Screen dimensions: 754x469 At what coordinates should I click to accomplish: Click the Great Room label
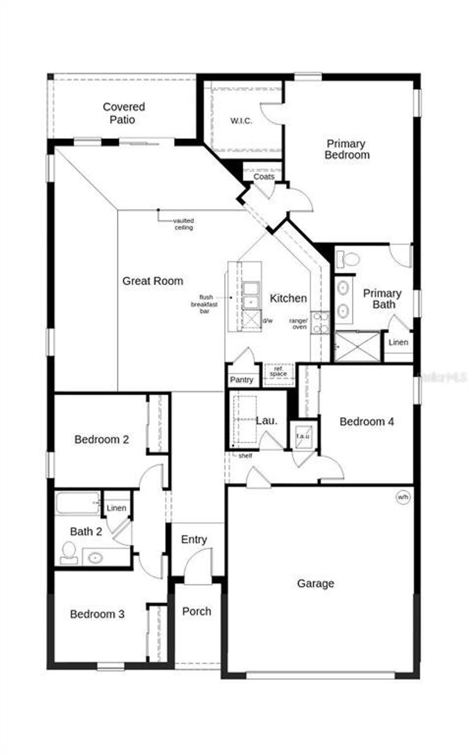coord(153,281)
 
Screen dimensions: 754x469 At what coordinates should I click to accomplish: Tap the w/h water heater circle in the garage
coord(403,497)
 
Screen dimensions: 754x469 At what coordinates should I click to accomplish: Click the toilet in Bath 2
coord(69,553)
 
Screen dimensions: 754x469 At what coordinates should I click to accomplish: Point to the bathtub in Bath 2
coord(77,503)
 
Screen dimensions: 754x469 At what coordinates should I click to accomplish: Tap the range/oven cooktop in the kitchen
coord(320,323)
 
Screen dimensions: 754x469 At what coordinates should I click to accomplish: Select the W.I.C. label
coord(241,121)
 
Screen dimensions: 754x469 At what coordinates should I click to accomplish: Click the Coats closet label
coord(264,177)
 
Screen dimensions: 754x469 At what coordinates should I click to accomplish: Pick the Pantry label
coord(241,380)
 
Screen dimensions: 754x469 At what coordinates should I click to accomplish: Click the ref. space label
coord(278,372)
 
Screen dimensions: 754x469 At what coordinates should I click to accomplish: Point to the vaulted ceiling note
coord(184,224)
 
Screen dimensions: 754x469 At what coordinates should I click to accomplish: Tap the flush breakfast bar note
coord(204,304)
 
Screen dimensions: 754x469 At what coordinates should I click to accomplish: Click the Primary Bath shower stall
coord(358,346)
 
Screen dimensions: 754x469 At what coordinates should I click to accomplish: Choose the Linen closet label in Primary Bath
coord(398,342)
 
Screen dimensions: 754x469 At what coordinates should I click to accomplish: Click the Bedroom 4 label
coord(366,421)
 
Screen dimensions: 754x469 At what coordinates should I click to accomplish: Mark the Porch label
coord(197,611)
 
